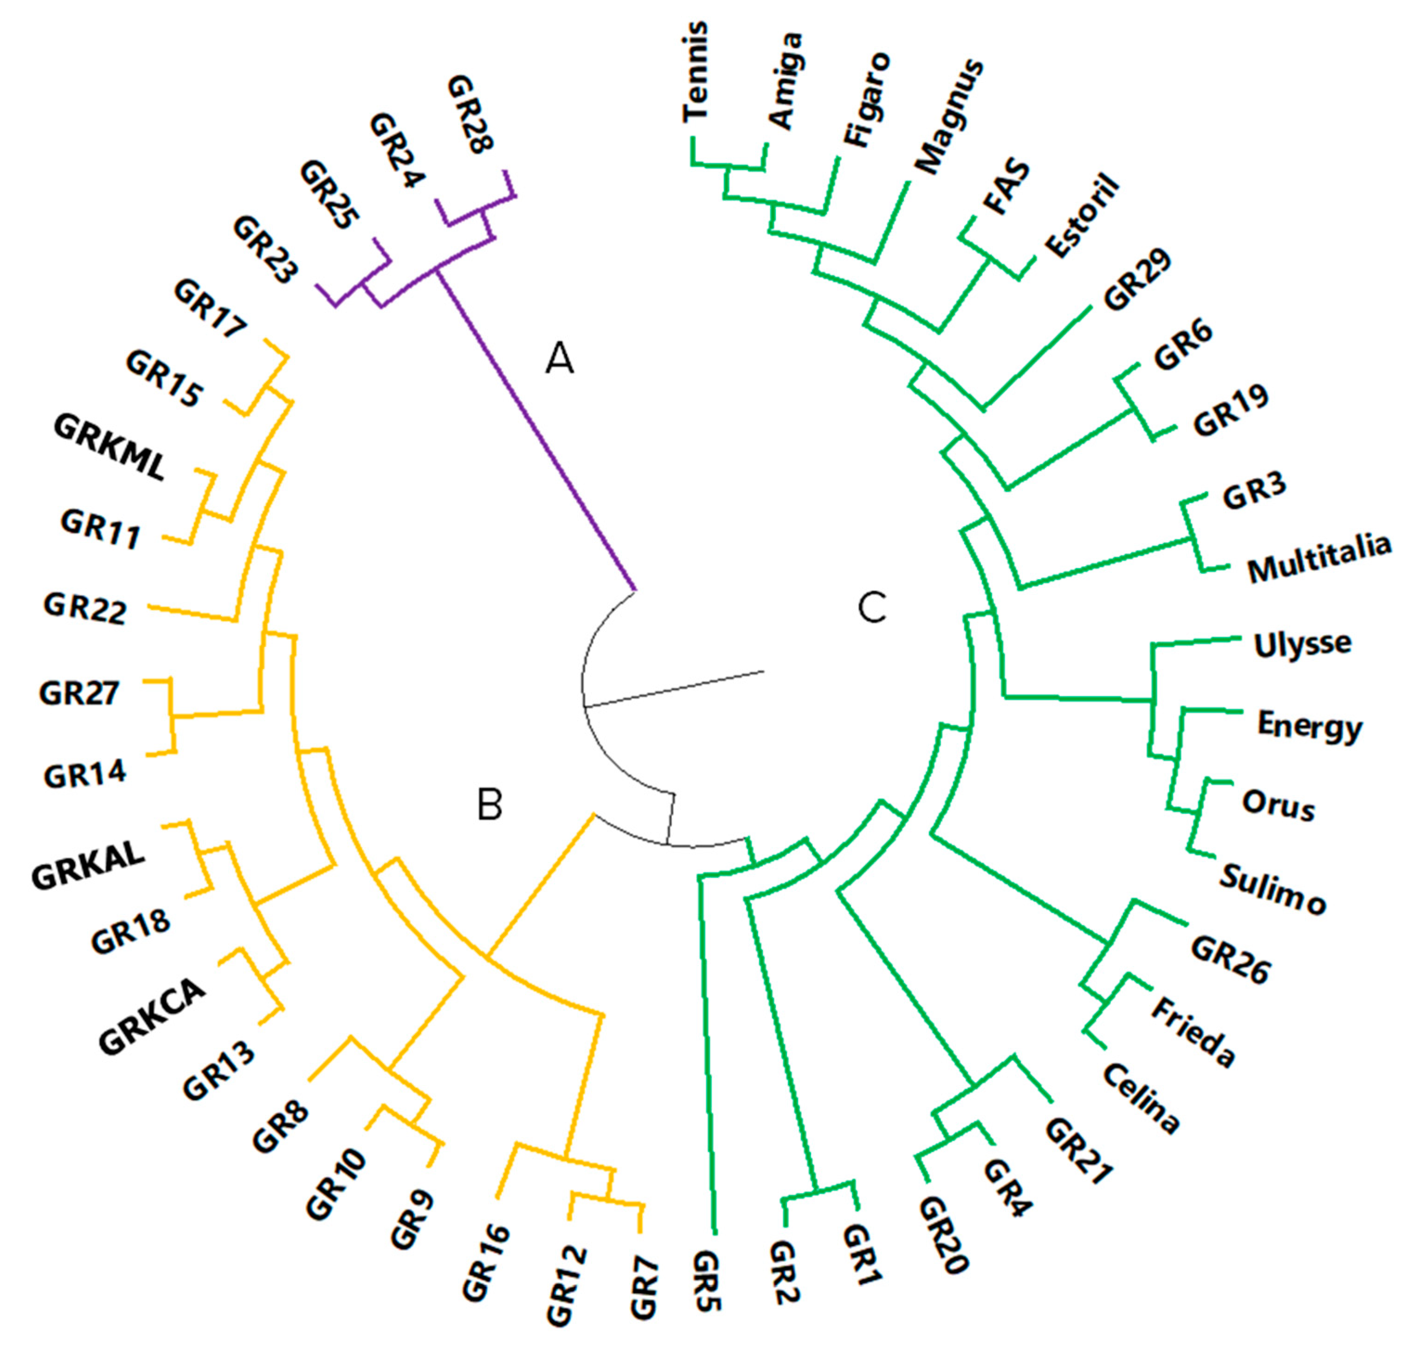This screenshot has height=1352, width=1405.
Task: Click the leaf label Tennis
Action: (x=696, y=71)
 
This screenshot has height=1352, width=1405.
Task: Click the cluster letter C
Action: (x=872, y=608)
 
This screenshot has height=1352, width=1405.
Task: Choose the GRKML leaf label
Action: (x=110, y=448)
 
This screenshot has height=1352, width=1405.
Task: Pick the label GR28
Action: (x=470, y=115)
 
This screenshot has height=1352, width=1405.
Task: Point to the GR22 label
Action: (x=84, y=608)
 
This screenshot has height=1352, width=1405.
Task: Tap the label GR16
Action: (x=486, y=1261)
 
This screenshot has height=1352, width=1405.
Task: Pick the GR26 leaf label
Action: (x=1230, y=961)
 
